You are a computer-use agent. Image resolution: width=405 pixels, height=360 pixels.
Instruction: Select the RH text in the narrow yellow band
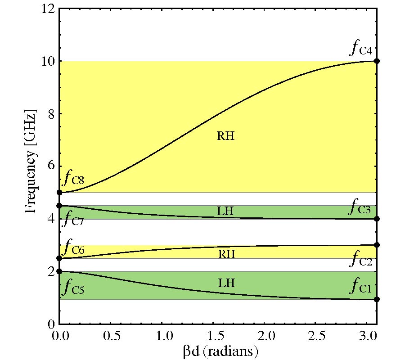coord(227,254)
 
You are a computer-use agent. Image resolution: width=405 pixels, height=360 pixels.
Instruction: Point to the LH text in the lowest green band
coord(227,283)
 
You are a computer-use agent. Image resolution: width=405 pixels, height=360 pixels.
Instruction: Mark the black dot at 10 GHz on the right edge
coord(377,61)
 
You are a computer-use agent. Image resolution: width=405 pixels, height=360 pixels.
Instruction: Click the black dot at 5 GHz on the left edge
coord(59,193)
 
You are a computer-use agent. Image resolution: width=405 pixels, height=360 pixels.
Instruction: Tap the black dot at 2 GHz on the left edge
coord(59,271)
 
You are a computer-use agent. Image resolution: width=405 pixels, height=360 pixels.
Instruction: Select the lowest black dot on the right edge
coord(377,299)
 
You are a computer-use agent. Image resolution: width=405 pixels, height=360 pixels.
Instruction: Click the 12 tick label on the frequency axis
coord(49,9)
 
